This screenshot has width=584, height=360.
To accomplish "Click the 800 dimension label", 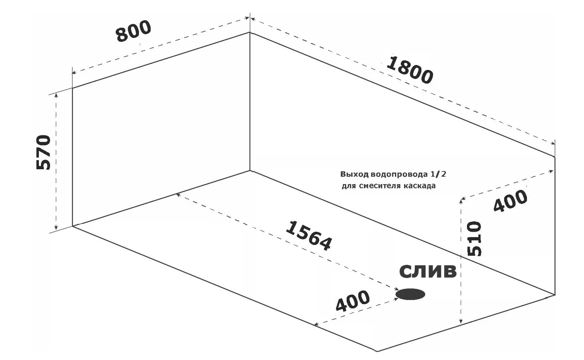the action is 134,31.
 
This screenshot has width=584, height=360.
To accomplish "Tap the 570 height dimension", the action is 43,152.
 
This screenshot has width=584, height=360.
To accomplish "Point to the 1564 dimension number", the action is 309,235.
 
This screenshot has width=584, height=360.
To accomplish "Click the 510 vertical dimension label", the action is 474,238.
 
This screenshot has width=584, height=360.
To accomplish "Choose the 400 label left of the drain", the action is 352,301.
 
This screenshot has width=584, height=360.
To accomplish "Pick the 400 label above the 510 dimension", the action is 510,201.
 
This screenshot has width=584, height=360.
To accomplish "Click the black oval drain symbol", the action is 410,294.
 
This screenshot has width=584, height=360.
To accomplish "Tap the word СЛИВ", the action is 428,271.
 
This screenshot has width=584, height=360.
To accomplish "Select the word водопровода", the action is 399,175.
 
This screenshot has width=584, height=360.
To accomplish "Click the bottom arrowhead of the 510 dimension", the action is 461,322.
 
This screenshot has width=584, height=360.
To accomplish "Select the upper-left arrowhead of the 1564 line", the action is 178,195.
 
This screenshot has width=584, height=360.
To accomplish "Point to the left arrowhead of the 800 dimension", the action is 74,72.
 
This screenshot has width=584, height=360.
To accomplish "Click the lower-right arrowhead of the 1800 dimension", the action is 552,143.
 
